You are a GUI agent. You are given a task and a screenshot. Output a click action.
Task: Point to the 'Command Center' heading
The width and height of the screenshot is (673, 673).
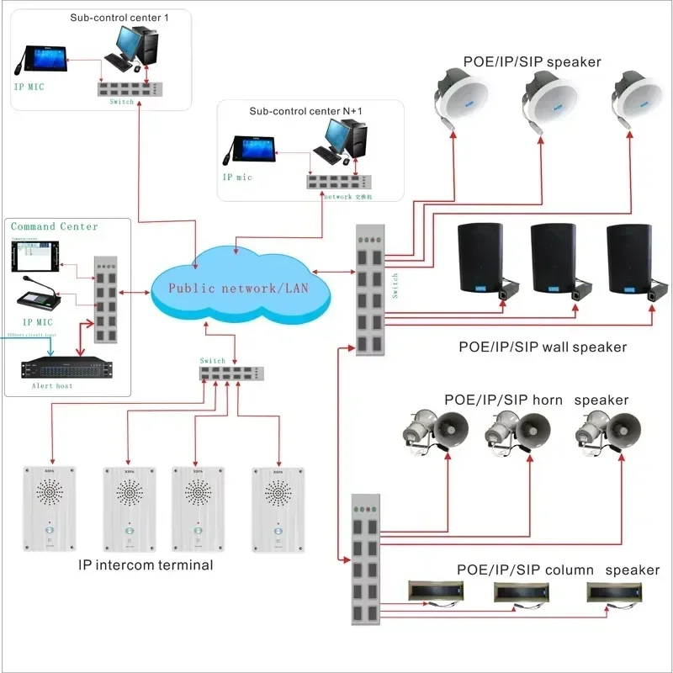55,226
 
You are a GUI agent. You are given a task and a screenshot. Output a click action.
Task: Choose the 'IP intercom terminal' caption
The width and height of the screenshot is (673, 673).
146,564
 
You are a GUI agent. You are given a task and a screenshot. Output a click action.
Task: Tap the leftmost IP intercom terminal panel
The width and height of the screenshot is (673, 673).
50,508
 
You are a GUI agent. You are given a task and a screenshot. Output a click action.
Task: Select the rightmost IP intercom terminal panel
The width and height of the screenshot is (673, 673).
277,508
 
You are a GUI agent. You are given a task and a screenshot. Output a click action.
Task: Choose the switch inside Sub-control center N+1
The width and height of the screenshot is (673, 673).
336,181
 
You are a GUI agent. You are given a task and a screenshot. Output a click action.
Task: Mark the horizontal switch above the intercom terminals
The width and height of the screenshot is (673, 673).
231,373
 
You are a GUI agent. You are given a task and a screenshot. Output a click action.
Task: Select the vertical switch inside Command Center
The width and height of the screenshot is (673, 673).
105,299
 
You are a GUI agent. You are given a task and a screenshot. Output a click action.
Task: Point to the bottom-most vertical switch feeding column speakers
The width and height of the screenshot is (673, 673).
364,560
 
